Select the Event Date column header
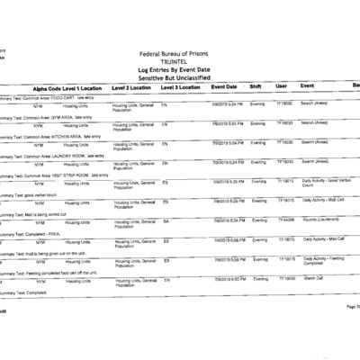click(224, 87)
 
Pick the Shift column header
click(256, 87)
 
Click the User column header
click(281, 87)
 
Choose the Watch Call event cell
click(314, 279)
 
